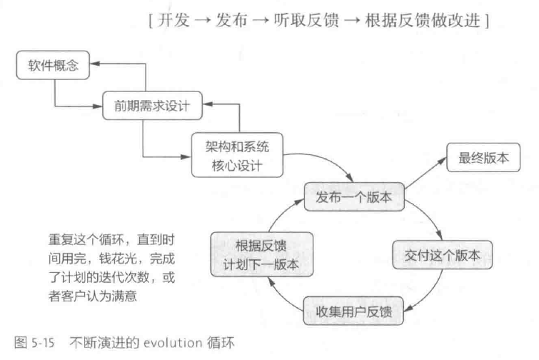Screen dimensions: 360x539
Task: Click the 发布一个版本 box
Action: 356,196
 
